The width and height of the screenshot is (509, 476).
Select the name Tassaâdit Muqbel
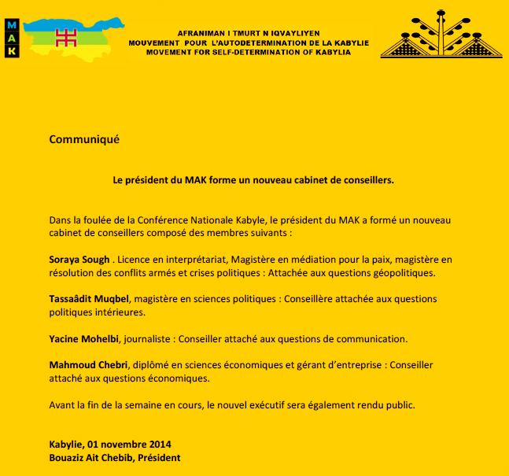(x=89, y=300)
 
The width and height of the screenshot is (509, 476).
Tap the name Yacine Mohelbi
(x=85, y=339)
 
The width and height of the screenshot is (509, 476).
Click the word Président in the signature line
(x=164, y=457)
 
